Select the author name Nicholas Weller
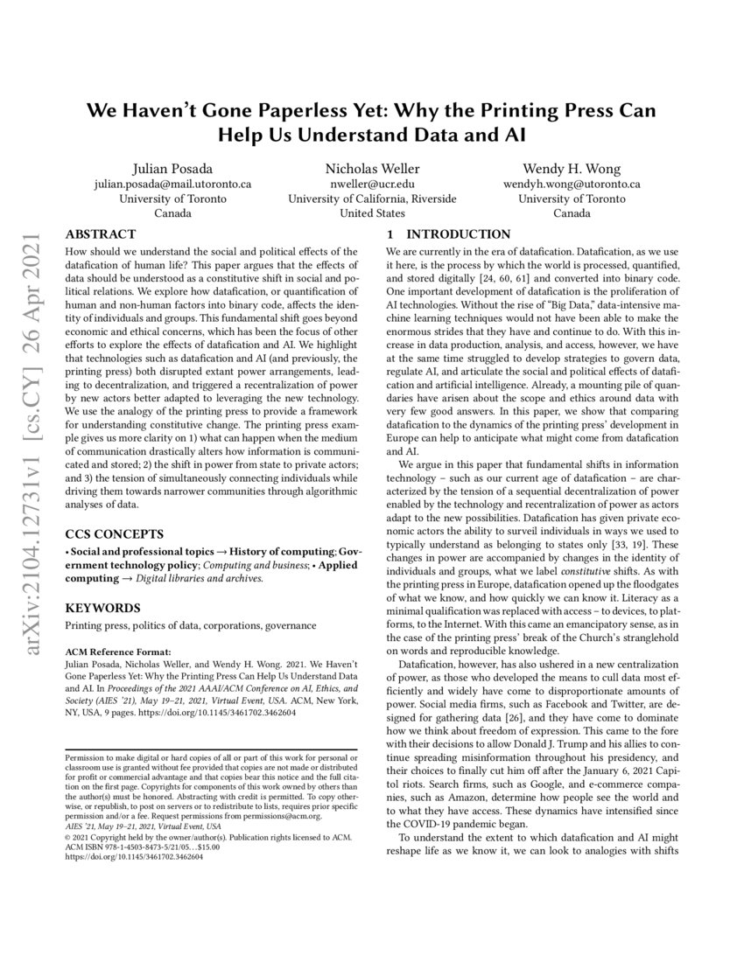click(372, 168)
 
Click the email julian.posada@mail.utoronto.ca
click(172, 184)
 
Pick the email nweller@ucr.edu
click(372, 184)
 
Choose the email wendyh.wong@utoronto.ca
click(572, 184)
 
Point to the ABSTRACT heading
click(101, 234)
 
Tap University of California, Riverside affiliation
click(372, 199)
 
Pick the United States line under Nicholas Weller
click(372, 213)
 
